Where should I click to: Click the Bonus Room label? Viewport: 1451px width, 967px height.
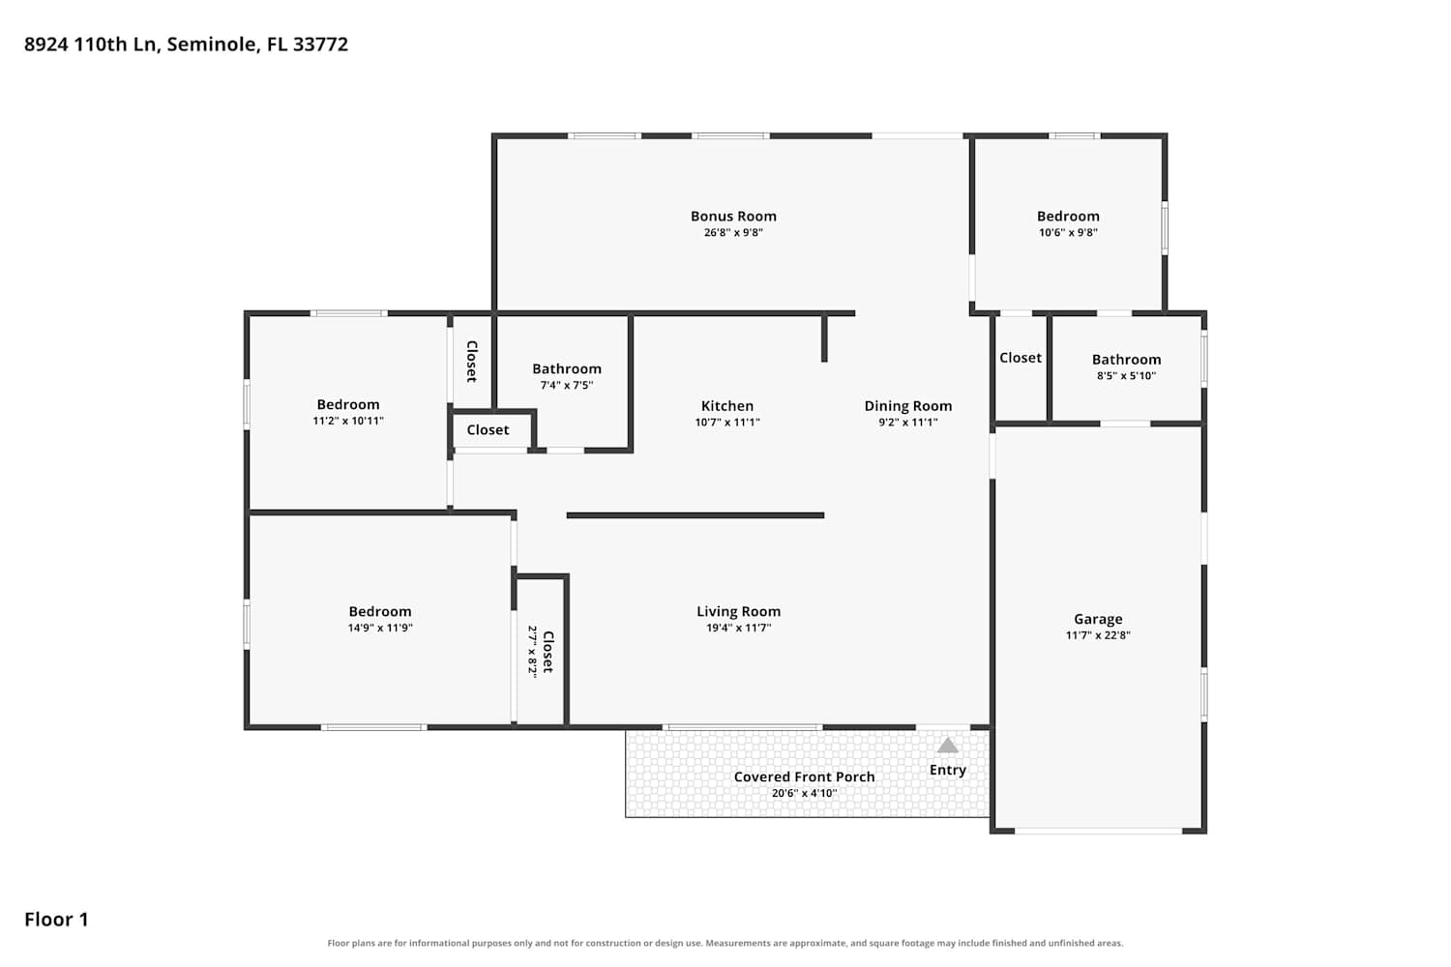coord(733,217)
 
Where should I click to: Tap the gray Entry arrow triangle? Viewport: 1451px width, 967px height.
coord(947,746)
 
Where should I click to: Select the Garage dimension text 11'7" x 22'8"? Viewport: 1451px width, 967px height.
coord(1098,635)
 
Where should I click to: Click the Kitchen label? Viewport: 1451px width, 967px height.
coord(726,406)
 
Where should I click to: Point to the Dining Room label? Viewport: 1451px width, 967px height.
coord(907,406)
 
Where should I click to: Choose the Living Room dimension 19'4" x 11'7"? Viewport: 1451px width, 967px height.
coord(738,628)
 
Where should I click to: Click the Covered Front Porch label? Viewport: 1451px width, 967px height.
coord(804,777)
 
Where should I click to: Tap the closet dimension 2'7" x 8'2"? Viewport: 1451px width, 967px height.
coord(532,652)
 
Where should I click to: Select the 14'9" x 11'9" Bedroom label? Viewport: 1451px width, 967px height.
coord(379,611)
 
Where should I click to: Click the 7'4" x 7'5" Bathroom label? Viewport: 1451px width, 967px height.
coord(567,368)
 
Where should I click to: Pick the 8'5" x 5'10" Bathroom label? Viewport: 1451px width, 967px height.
coord(1127,360)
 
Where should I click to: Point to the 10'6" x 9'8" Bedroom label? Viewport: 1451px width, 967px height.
coord(1068,217)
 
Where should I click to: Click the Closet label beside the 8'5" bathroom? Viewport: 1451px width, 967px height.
coord(1021,358)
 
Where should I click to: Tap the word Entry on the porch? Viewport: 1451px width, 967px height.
coord(948,770)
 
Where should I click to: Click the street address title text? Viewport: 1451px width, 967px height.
coord(186,44)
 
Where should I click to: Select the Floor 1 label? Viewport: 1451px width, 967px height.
coord(56,920)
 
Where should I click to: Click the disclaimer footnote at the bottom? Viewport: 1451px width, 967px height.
coord(725,943)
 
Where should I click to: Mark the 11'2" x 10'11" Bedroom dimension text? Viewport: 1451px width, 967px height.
coord(348,421)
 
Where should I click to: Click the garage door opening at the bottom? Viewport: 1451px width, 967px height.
coord(1098,831)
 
